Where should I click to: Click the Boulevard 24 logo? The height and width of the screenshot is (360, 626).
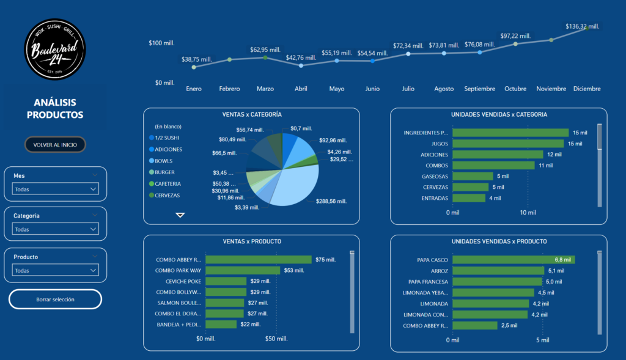pyautogui.click(x=55, y=48)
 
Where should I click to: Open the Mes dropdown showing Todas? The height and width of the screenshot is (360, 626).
pyautogui.click(x=56, y=189)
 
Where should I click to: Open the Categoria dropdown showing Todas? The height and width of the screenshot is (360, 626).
pyautogui.click(x=56, y=229)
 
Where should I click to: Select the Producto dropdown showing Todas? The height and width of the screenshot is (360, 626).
pyautogui.click(x=56, y=270)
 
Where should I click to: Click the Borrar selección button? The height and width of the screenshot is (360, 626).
pyautogui.click(x=55, y=299)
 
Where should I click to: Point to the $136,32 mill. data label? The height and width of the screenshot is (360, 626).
pyautogui.click(x=582, y=26)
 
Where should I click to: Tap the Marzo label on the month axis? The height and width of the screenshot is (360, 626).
pyautogui.click(x=265, y=89)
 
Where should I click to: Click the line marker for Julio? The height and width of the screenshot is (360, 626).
pyautogui.click(x=408, y=54)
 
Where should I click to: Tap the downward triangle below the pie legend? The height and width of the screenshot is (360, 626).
pyautogui.click(x=180, y=215)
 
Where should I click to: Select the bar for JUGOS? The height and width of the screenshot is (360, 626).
pyautogui.click(x=507, y=144)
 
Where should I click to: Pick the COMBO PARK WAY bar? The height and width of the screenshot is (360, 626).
pyautogui.click(x=243, y=270)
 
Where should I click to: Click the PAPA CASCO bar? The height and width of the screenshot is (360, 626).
pyautogui.click(x=514, y=260)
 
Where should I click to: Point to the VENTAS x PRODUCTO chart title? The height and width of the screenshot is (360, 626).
pyautogui.click(x=251, y=241)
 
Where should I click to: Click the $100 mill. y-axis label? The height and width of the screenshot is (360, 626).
pyautogui.click(x=161, y=43)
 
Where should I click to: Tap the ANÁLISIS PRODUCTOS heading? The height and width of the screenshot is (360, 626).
pyautogui.click(x=55, y=109)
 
